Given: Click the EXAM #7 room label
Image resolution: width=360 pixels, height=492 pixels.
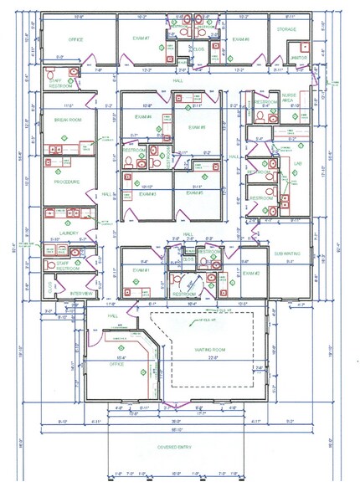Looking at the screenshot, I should click(141, 39).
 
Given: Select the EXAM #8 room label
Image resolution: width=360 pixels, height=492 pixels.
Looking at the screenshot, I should click(240, 39).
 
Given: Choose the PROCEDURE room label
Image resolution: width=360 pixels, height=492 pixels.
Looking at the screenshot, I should click(66, 182).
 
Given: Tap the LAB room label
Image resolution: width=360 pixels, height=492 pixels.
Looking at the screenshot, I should click(298, 164).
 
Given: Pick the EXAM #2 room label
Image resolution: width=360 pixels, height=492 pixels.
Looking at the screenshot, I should click(251, 273).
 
